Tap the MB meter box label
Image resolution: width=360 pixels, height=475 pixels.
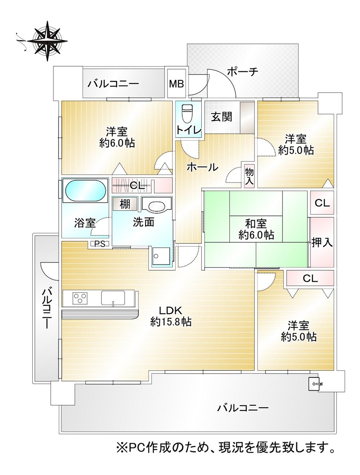[176, 84]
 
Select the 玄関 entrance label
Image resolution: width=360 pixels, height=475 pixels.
[221, 117]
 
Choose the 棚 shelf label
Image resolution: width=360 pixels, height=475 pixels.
[125, 204]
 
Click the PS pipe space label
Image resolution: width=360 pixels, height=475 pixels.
[100, 244]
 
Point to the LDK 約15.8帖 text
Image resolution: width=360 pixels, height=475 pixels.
[170, 316]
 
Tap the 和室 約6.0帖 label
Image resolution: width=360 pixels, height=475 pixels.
[256, 229]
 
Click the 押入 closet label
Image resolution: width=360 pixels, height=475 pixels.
[322, 242]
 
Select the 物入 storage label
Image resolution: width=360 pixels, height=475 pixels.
[249, 176]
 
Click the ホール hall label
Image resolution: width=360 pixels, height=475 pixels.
[202, 167]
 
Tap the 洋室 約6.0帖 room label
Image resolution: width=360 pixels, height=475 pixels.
[117, 137]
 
